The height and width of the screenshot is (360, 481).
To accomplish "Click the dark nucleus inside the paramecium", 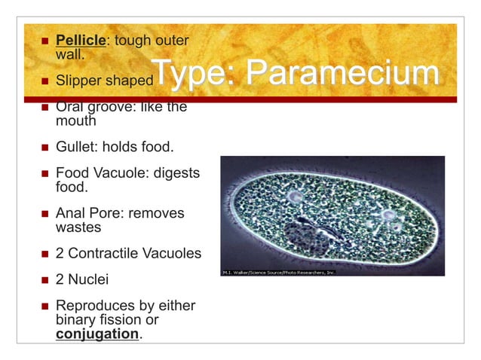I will pos(305,236).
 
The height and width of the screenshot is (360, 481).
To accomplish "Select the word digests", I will pos(176,173).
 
